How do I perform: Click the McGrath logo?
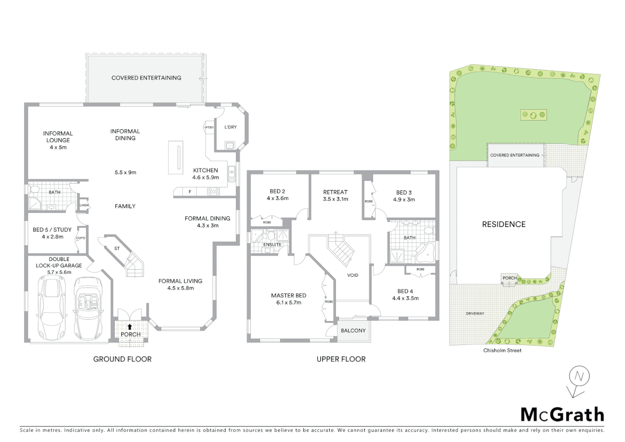tap(562, 415)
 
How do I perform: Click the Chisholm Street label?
tap(502, 350)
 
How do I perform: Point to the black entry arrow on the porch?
tap(130, 327)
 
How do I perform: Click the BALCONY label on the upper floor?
tap(353, 331)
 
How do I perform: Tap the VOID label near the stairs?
tap(353, 275)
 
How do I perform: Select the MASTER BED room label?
tap(288, 295)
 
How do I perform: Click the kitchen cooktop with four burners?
tap(214, 191)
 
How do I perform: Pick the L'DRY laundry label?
tap(230, 127)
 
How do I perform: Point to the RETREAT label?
tap(335, 192)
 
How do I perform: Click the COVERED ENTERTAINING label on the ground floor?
tap(146, 78)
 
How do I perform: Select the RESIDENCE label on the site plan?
tap(504, 224)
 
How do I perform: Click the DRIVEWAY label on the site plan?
tap(475, 313)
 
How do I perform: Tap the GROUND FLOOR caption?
tap(122, 359)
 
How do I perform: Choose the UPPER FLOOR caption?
tap(341, 359)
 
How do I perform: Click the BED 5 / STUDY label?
tap(52, 230)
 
